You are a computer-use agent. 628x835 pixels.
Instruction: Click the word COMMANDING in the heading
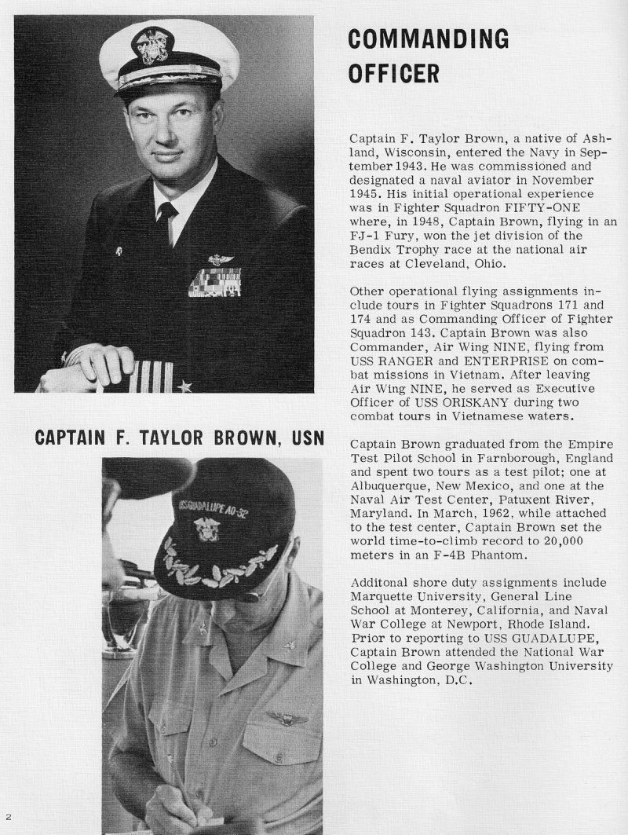click(x=427, y=38)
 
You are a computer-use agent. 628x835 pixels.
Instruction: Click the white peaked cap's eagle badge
click(x=149, y=46)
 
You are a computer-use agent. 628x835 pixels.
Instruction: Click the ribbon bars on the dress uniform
click(x=214, y=281)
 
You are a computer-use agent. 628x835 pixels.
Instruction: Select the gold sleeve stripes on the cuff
click(x=150, y=376)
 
